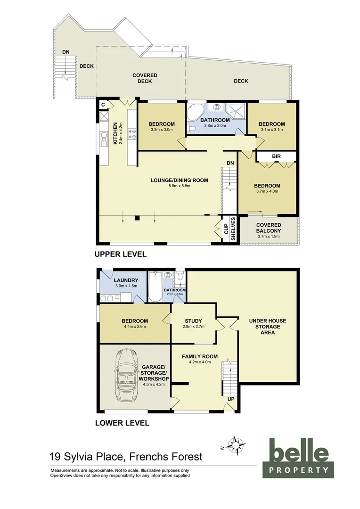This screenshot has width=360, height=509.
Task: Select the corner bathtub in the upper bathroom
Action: (x=195, y=113)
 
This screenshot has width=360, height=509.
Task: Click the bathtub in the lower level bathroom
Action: (x=155, y=287)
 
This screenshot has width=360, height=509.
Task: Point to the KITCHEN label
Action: (x=115, y=133)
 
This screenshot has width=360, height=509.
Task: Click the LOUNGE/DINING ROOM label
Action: (x=179, y=180)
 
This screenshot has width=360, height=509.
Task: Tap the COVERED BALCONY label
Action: (x=269, y=228)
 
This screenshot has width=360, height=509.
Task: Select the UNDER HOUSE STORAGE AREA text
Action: (x=268, y=327)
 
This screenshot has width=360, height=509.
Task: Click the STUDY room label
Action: (x=193, y=321)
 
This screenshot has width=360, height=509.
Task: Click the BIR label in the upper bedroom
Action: (x=276, y=156)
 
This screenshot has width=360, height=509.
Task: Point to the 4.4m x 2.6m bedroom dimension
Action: (x=135, y=326)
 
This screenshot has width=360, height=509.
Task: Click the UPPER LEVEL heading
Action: (x=121, y=254)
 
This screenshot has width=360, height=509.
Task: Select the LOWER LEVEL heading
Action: (x=122, y=423)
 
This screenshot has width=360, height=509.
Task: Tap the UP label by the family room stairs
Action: (x=231, y=399)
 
